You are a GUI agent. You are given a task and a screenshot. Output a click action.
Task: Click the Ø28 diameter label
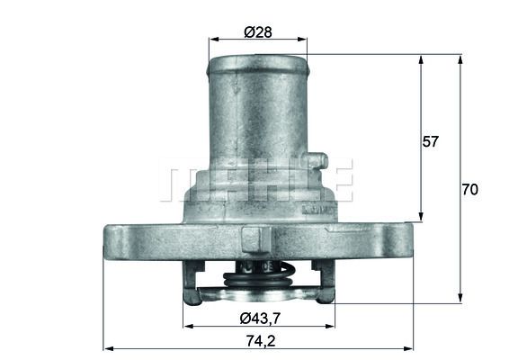tap(258, 32)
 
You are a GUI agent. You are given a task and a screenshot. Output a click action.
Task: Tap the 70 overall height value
tap(469, 190)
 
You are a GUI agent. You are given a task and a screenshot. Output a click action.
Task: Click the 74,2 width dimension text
tap(258, 340)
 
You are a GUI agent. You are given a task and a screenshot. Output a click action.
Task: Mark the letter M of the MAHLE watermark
tap(177, 181)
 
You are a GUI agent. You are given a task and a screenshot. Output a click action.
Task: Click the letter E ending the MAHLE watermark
tap(339, 181)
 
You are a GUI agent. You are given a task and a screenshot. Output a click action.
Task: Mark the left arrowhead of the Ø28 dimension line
tap(212, 40)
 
